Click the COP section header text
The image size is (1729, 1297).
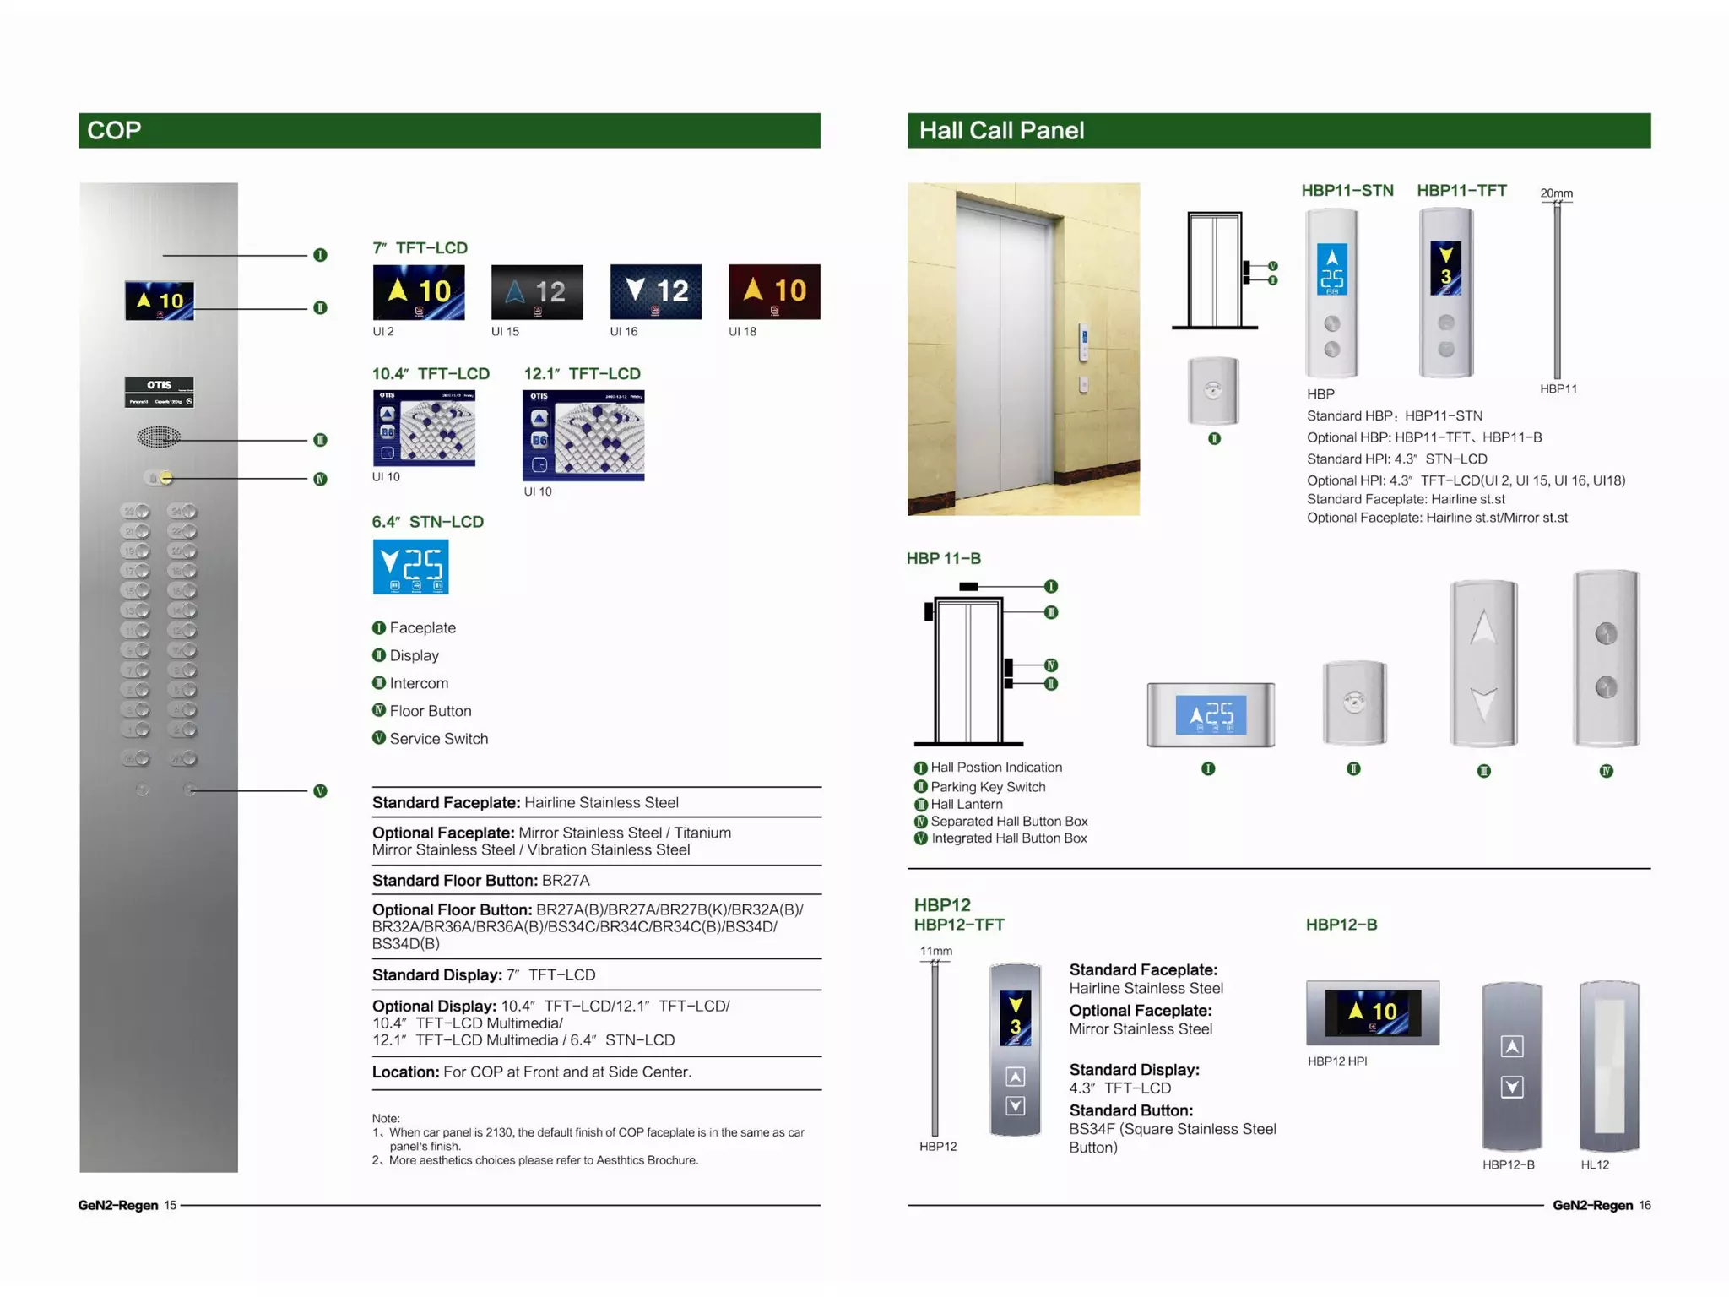click(114, 130)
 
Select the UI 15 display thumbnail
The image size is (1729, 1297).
click(537, 292)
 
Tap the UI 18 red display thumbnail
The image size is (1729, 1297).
click(773, 292)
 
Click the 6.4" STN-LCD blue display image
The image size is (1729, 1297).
click(410, 567)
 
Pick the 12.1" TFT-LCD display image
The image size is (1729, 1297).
click(583, 436)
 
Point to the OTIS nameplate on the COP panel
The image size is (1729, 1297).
click(159, 392)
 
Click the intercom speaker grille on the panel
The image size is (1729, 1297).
click(158, 437)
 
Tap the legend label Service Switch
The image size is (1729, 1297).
click(438, 739)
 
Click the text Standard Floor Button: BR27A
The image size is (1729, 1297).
click(480, 880)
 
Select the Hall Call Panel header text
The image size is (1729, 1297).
click(1000, 130)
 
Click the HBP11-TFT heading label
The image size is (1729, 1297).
click(1461, 191)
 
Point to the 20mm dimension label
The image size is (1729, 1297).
click(1556, 193)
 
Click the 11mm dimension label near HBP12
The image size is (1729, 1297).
click(935, 951)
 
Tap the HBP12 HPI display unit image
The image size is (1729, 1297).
click(1372, 1012)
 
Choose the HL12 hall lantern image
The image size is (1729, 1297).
click(1609, 1066)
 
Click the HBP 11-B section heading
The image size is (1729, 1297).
click(943, 558)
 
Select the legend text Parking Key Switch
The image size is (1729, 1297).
click(988, 787)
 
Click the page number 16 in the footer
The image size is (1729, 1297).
click(1645, 1205)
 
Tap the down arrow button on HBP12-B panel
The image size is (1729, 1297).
click(1511, 1088)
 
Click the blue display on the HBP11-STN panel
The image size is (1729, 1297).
click(1331, 269)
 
